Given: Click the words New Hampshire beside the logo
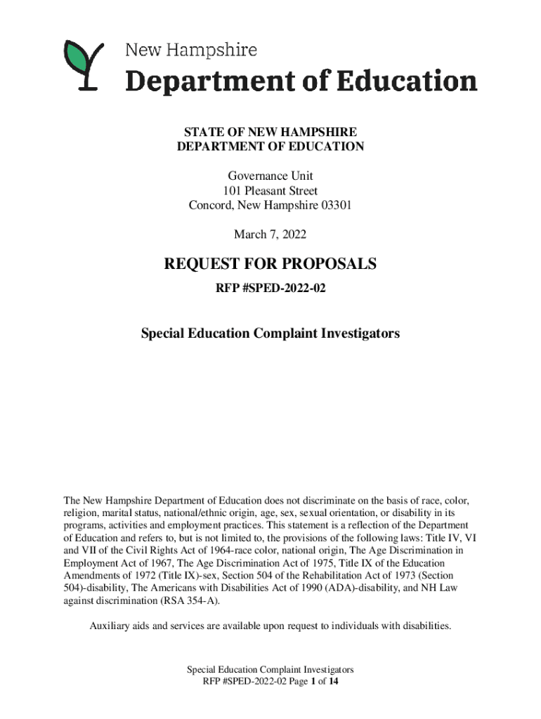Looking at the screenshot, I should pos(190,51).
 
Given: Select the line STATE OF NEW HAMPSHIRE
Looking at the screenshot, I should pos(270,132).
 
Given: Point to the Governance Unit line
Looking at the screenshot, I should pos(270,176).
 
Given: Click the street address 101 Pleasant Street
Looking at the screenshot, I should pos(270,191).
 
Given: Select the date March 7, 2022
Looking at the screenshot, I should pos(270,234).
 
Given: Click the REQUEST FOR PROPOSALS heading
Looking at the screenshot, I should pos(270,265).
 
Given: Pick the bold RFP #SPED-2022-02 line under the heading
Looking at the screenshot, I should pos(270,288).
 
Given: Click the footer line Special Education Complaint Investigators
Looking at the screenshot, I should pos(270,670).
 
